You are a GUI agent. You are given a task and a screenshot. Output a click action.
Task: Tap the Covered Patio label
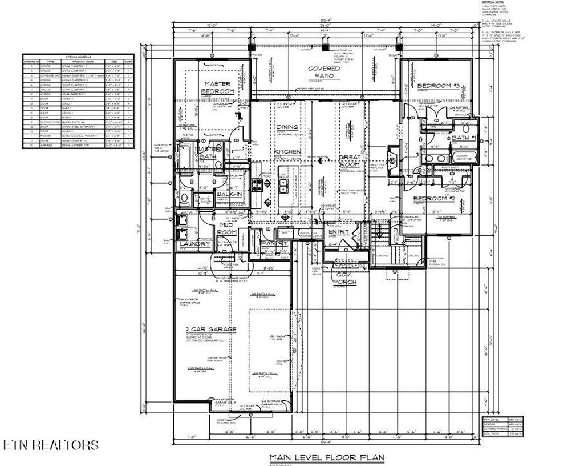click(x=325, y=72)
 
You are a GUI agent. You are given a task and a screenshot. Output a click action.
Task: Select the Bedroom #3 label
click(x=438, y=86)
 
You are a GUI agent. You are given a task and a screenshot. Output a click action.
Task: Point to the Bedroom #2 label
click(x=433, y=198)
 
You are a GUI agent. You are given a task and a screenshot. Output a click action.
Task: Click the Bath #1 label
click(x=460, y=138)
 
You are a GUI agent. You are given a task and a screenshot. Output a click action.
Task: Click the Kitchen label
click(x=287, y=151)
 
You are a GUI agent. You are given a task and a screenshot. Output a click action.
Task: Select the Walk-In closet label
click(x=230, y=195)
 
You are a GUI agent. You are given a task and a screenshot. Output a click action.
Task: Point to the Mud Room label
click(x=228, y=229)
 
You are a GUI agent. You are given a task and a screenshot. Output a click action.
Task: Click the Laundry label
click(x=196, y=244)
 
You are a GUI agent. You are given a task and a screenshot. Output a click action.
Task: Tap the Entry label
click(x=339, y=232)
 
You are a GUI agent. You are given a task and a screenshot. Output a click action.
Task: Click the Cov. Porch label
click(x=346, y=279)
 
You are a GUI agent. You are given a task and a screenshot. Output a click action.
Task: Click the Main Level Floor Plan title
click(x=327, y=457)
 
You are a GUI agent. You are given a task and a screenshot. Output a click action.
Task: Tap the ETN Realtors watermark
click(x=50, y=445)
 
